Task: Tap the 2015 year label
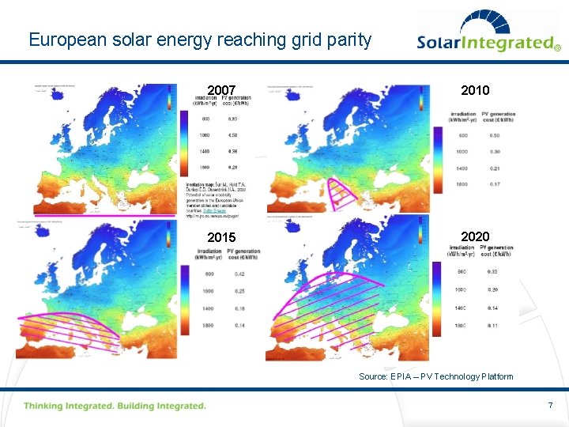pyautogui.click(x=221, y=237)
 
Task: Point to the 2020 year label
pyautogui.click(x=474, y=236)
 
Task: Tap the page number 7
pyautogui.click(x=550, y=406)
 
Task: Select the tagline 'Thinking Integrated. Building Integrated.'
pyautogui.click(x=115, y=406)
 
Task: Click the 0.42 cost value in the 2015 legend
pyautogui.click(x=239, y=274)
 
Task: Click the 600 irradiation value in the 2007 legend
pyautogui.click(x=205, y=119)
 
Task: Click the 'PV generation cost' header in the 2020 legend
pyautogui.click(x=496, y=251)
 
